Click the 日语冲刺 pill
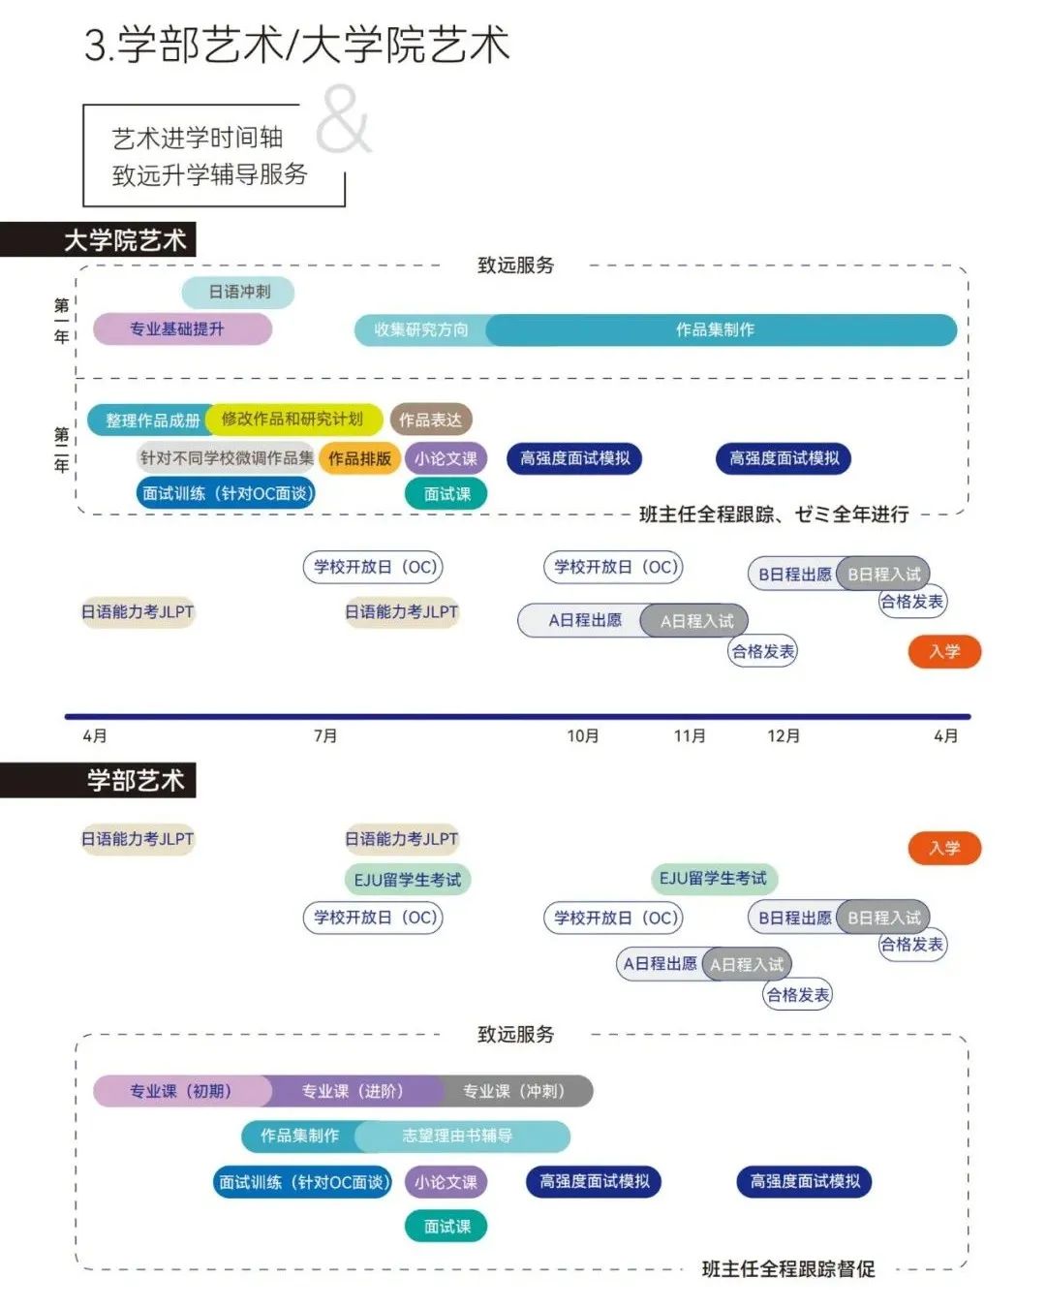tap(238, 292)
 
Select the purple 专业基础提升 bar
tap(182, 329)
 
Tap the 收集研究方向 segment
tap(421, 329)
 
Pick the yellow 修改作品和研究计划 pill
tap(293, 419)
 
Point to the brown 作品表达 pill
tap(431, 420)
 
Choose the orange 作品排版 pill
tap(359, 458)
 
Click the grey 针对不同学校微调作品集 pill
tap(227, 457)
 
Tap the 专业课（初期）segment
tap(181, 1091)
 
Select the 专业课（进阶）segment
tap(354, 1091)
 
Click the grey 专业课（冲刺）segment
tap(515, 1091)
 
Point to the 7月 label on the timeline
tap(325, 736)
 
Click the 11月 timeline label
tap(690, 736)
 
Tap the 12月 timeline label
tap(784, 736)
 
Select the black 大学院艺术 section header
tap(98, 239)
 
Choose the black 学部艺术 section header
tap(98, 780)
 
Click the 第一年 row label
tap(61, 321)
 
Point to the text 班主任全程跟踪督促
tap(788, 1269)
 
